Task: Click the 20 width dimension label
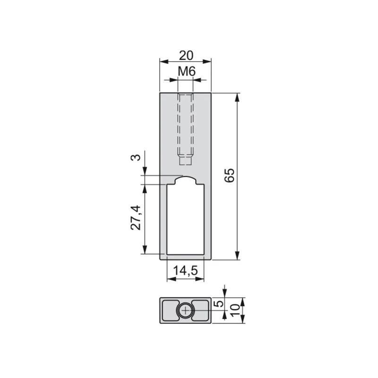click(x=186, y=56)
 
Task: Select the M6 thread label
click(x=187, y=72)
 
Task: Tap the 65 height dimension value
click(x=229, y=175)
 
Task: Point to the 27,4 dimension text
click(x=136, y=217)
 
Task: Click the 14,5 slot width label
click(x=186, y=270)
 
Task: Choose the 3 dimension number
click(x=136, y=158)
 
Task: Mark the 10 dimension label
click(x=235, y=310)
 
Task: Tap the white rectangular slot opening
click(x=185, y=219)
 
